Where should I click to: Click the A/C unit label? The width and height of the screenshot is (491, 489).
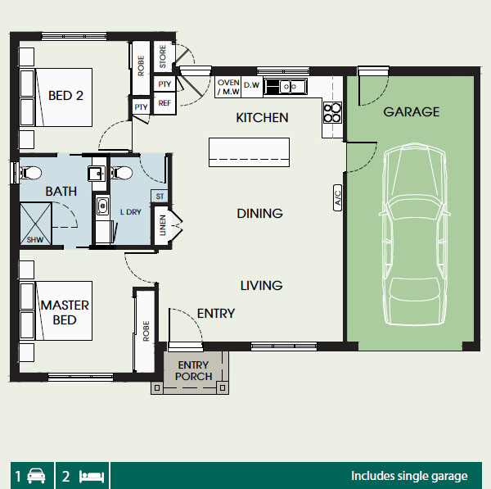tap(337, 197)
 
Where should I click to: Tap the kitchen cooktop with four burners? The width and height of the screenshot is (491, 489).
tap(332, 112)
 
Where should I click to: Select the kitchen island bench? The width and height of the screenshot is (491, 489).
tap(249, 152)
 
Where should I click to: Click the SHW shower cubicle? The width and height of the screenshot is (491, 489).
tap(36, 224)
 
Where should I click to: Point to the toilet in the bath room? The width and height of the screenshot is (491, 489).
tap(31, 172)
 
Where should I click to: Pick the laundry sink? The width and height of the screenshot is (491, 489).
tap(102, 206)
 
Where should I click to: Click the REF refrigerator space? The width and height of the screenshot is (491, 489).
tap(164, 103)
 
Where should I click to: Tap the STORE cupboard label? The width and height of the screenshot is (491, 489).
tap(163, 57)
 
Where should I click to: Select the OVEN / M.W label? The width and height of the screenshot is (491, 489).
tap(228, 87)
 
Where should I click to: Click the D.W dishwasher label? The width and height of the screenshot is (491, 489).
tap(251, 85)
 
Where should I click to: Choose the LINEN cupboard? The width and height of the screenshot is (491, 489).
tap(162, 225)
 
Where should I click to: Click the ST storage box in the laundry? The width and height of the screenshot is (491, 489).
tap(160, 197)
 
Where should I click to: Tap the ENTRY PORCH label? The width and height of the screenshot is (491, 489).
tap(193, 370)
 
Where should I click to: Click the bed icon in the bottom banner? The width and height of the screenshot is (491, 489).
tap(92, 477)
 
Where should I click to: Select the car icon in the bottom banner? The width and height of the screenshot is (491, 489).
tap(36, 476)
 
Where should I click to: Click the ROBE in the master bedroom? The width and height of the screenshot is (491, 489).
tap(145, 331)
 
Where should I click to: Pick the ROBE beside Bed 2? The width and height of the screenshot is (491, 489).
tap(141, 66)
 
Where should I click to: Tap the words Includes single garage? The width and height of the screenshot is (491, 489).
tap(409, 476)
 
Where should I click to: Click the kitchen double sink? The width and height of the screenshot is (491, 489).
tap(286, 86)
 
